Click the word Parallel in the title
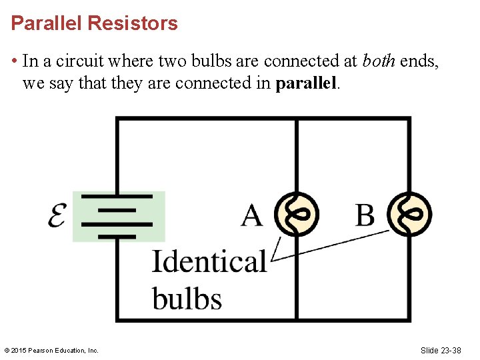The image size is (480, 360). tap(47, 24)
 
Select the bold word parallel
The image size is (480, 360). tap(307, 85)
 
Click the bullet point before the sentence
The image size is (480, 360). tap(14, 62)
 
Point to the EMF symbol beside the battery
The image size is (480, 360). tap(57, 215)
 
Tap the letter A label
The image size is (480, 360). tap(251, 215)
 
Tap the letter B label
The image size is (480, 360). tap(365, 215)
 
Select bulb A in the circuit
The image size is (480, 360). tap(297, 215)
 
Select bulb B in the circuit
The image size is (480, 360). tap(409, 215)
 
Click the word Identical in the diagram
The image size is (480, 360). tap(209, 261)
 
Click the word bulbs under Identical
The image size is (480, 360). tap(187, 298)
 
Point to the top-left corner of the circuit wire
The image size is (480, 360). tap(118, 119)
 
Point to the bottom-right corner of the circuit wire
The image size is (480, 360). tap(409, 319)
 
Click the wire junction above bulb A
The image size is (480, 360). tap(297, 119)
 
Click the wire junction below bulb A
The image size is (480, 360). tap(297, 319)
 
